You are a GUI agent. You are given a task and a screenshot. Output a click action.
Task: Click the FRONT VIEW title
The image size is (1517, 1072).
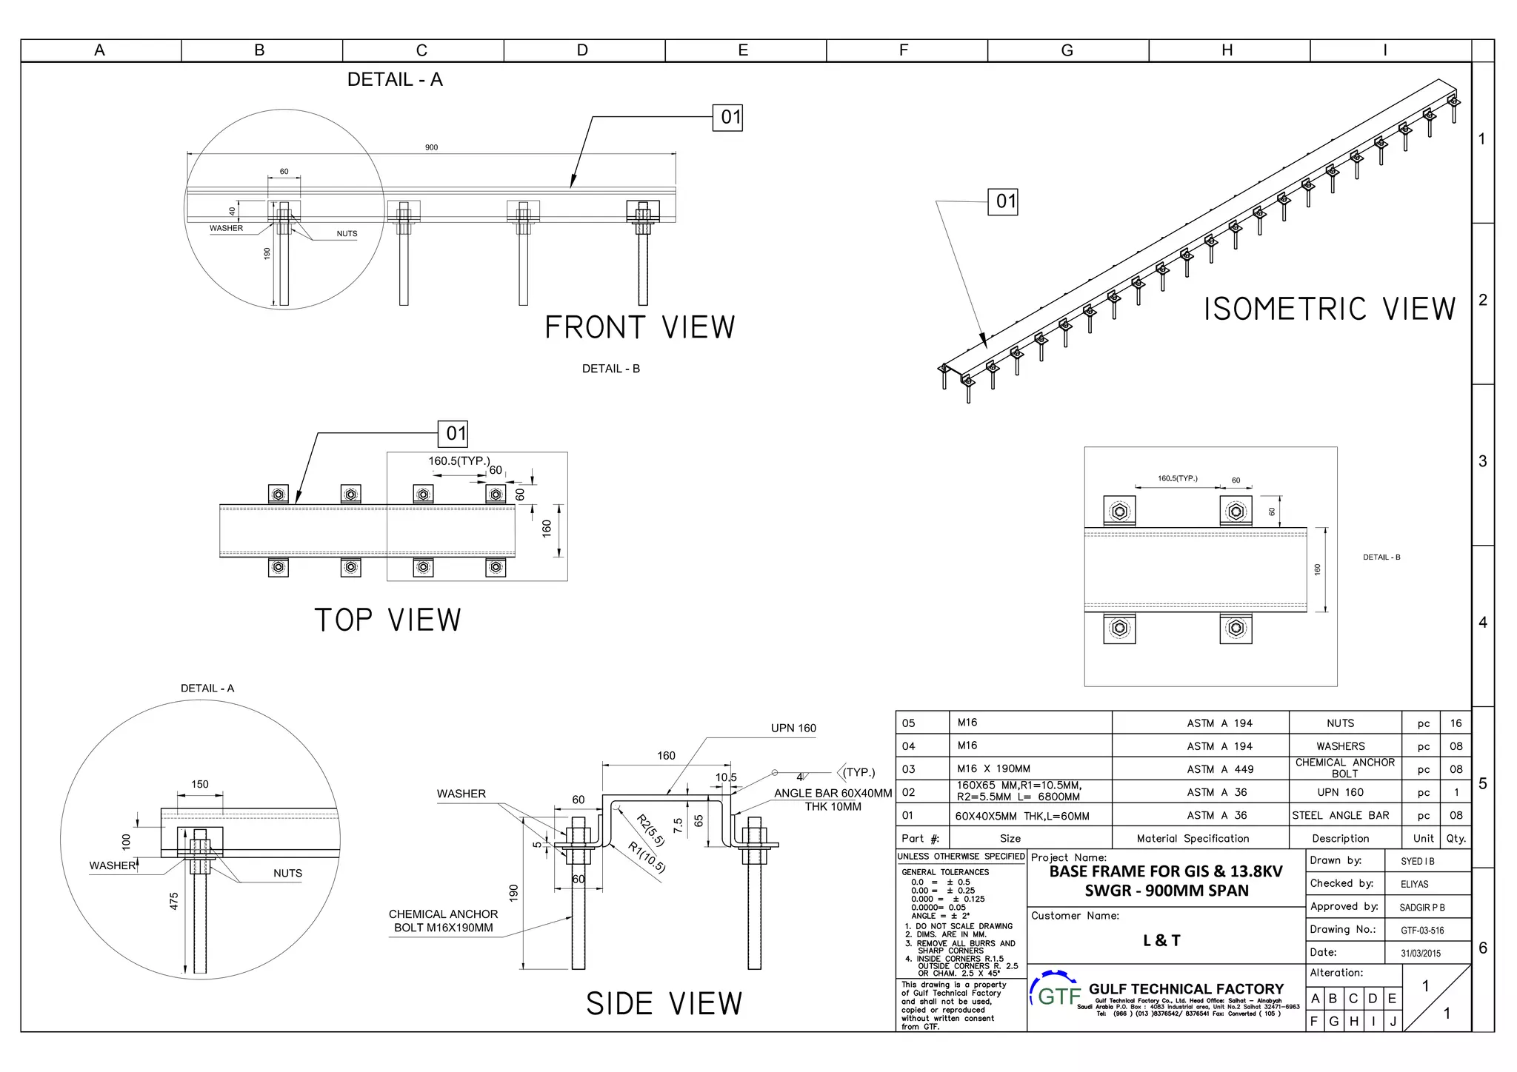pos(640,327)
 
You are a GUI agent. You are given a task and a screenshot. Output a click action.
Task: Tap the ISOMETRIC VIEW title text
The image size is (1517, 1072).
pos(1329,309)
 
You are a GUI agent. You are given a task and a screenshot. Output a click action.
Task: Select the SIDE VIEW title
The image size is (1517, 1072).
pos(664,1004)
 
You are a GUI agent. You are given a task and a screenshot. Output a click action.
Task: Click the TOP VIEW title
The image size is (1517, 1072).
pos(387,620)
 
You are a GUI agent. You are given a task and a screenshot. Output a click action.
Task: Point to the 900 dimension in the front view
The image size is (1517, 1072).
pos(431,147)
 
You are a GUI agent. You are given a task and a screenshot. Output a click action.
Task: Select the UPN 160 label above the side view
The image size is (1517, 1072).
pos(793,728)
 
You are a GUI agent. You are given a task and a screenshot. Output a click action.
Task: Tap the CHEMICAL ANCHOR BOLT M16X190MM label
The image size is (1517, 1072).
pos(443,921)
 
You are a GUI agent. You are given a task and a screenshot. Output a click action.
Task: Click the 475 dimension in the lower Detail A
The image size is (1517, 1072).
pos(174,901)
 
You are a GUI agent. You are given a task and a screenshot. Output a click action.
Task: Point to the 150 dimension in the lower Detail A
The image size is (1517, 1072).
pos(200,784)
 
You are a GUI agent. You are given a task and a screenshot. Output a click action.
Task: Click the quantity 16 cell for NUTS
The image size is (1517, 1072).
pos(1456,723)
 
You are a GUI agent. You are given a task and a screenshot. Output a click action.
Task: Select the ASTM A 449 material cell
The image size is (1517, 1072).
pos(1219,769)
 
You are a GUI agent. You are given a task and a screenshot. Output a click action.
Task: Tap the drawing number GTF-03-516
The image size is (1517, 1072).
pos(1422,931)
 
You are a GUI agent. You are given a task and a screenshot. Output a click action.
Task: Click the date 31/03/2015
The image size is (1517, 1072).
pos(1421,954)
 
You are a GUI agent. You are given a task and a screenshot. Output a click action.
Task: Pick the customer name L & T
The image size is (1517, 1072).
pos(1161,941)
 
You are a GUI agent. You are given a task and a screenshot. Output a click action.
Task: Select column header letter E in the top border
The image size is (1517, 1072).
pos(743,50)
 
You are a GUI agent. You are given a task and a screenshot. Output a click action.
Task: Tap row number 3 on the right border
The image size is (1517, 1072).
pos(1482,461)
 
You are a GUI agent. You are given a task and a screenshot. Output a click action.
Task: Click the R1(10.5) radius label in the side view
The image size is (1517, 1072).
pos(647,857)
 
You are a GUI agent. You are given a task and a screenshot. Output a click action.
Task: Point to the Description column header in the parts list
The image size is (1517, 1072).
pos(1340,839)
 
